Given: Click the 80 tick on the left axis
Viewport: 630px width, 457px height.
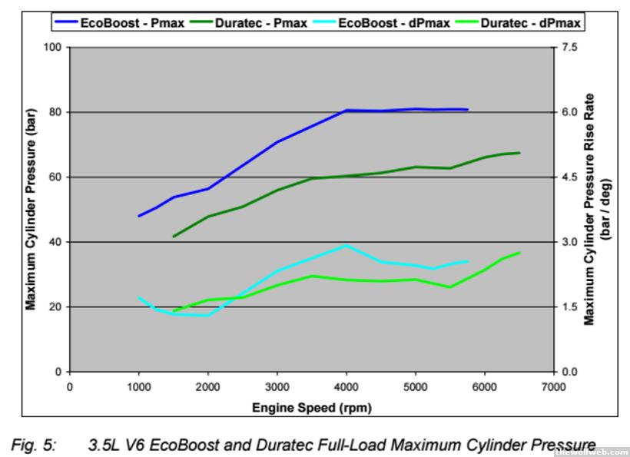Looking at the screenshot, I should point(55,112).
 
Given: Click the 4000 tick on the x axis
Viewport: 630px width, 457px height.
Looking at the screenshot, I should point(346,386).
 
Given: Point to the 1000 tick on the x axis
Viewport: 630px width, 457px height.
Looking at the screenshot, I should point(139,386).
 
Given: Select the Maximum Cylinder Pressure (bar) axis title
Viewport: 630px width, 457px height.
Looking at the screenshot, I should point(31,209).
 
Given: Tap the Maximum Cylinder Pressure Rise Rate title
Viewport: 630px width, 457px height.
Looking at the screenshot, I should point(590,209).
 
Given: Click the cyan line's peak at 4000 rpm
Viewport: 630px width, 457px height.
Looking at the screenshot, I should point(346,245).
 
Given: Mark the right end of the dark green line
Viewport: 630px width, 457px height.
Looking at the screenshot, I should point(519,153).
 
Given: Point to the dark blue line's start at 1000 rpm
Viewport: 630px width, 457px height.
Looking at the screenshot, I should point(139,216).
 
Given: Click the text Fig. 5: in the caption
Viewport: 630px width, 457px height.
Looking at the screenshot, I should point(33,445).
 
